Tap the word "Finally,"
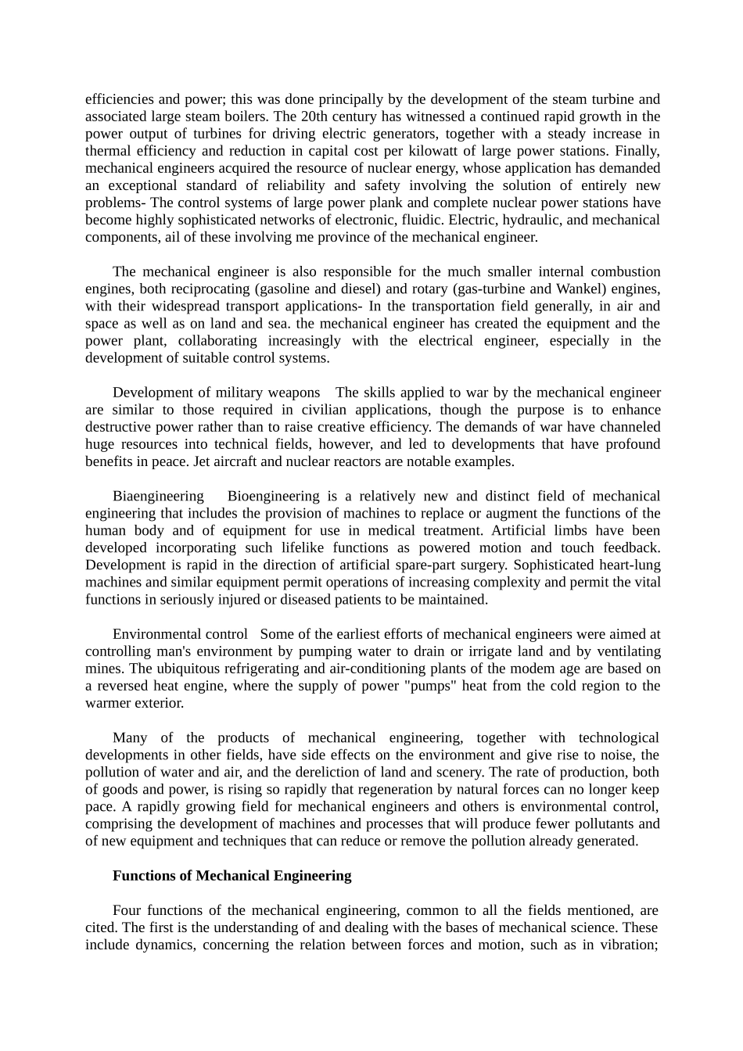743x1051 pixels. pos(637,151)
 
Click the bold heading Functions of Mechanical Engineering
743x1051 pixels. pos(232,876)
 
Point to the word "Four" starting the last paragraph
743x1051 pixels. pos(127,910)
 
